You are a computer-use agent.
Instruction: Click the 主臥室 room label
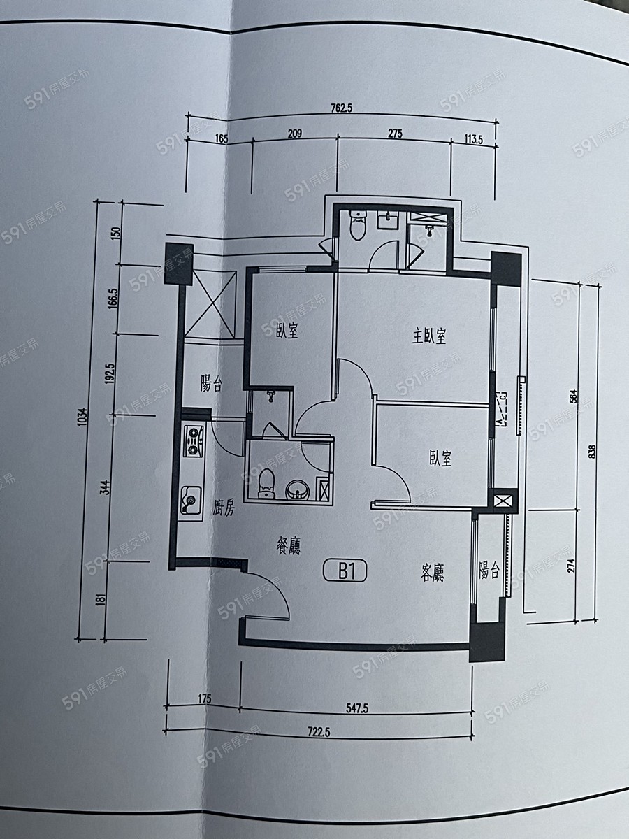click(x=429, y=336)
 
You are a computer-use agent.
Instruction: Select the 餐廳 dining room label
click(x=289, y=546)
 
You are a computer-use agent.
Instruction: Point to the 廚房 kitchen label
click(x=224, y=508)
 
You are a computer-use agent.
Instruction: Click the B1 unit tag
click(x=345, y=572)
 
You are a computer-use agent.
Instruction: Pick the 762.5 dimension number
click(x=342, y=108)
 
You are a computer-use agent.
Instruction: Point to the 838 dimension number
click(x=593, y=452)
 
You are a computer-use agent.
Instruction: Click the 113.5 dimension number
click(x=473, y=140)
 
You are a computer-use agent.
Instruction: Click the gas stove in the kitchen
click(x=194, y=441)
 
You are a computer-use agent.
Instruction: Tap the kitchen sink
click(x=191, y=501)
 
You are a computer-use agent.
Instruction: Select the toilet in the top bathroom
click(x=358, y=225)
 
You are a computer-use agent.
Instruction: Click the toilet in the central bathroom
click(x=267, y=485)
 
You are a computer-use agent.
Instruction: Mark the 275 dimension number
click(x=396, y=134)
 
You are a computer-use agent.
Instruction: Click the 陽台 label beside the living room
click(x=489, y=571)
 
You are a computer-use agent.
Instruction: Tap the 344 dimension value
click(x=108, y=487)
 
